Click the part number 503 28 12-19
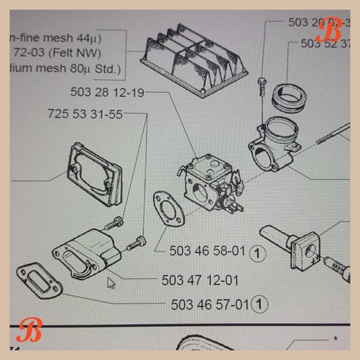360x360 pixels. click(x=107, y=92)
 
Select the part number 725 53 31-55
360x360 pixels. click(x=85, y=114)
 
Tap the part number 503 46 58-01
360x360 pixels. click(x=207, y=251)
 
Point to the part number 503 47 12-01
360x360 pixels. click(x=200, y=280)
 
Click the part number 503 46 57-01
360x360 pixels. click(x=210, y=305)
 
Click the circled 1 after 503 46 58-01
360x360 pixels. click(x=257, y=252)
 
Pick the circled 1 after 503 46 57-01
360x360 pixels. click(x=260, y=305)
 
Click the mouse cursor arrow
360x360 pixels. click(x=111, y=283)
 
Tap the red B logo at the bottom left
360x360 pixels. click(x=29, y=330)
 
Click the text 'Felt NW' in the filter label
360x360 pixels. click(x=83, y=53)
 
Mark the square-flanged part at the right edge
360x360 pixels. click(x=305, y=249)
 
